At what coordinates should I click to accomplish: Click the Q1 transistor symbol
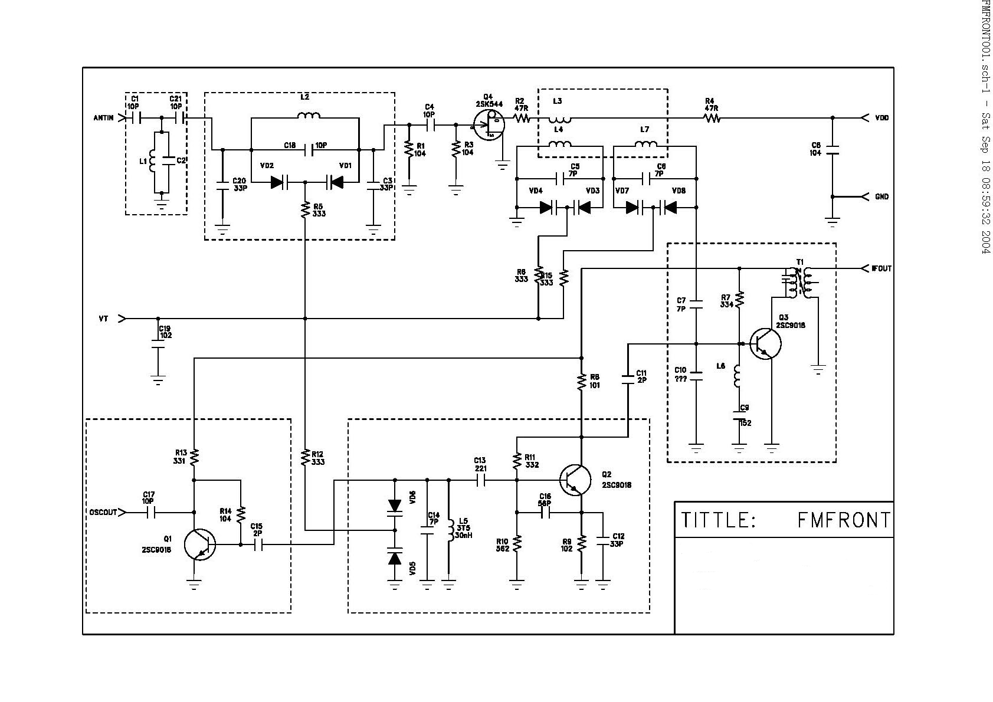pyautogui.click(x=199, y=544)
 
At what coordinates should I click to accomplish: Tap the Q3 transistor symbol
pyautogui.click(x=765, y=344)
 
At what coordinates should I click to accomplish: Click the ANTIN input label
pyautogui.click(x=103, y=118)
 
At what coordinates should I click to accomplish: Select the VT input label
pyautogui.click(x=103, y=319)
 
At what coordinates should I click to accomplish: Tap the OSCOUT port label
pyautogui.click(x=103, y=512)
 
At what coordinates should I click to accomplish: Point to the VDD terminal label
pyautogui.click(x=881, y=118)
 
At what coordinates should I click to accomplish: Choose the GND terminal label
pyautogui.click(x=881, y=197)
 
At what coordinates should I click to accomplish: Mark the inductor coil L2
pyautogui.click(x=309, y=116)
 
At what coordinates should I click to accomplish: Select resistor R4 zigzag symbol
pyautogui.click(x=712, y=119)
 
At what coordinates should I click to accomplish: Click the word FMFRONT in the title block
pyautogui.click(x=844, y=520)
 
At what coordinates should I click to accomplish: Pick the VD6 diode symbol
pyautogui.click(x=395, y=506)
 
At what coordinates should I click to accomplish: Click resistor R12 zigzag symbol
pyautogui.click(x=305, y=457)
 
